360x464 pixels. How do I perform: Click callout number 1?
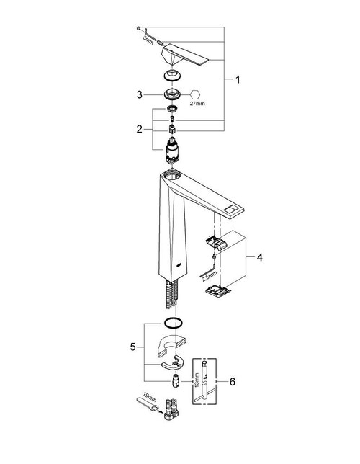[x=238, y=81]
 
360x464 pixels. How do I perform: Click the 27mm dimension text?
[x=198, y=104]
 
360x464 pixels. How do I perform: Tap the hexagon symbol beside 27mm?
[x=197, y=94]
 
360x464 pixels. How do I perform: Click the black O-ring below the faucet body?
[x=173, y=323]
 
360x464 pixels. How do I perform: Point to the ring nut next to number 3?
[x=172, y=94]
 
